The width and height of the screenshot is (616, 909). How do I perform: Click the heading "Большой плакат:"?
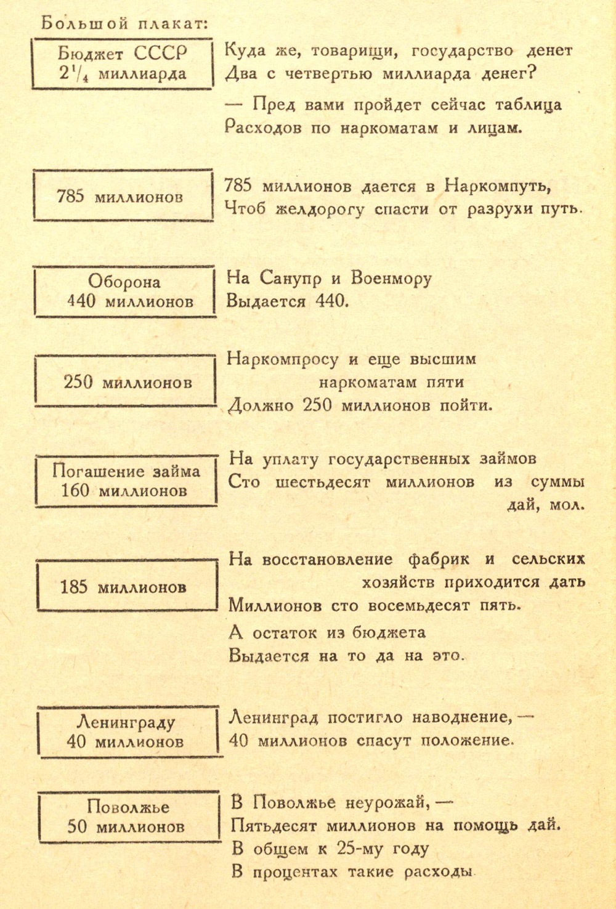[124, 23]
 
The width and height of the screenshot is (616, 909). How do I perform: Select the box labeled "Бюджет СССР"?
[123, 63]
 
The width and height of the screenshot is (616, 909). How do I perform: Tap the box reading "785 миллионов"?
[123, 196]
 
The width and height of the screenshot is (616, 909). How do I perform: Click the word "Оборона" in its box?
[124, 281]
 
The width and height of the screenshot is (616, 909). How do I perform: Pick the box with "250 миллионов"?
[125, 381]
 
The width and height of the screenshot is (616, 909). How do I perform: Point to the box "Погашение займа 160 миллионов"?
[126, 481]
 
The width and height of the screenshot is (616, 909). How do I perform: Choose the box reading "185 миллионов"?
[127, 585]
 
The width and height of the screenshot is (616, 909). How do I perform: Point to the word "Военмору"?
[392, 279]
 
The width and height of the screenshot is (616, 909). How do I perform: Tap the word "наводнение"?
[460, 718]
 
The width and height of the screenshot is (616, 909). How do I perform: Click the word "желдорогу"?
[320, 210]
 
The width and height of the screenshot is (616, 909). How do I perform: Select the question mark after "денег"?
[532, 73]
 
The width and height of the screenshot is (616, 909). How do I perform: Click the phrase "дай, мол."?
[545, 505]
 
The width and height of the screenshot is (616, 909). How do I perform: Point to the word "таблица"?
[529, 105]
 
